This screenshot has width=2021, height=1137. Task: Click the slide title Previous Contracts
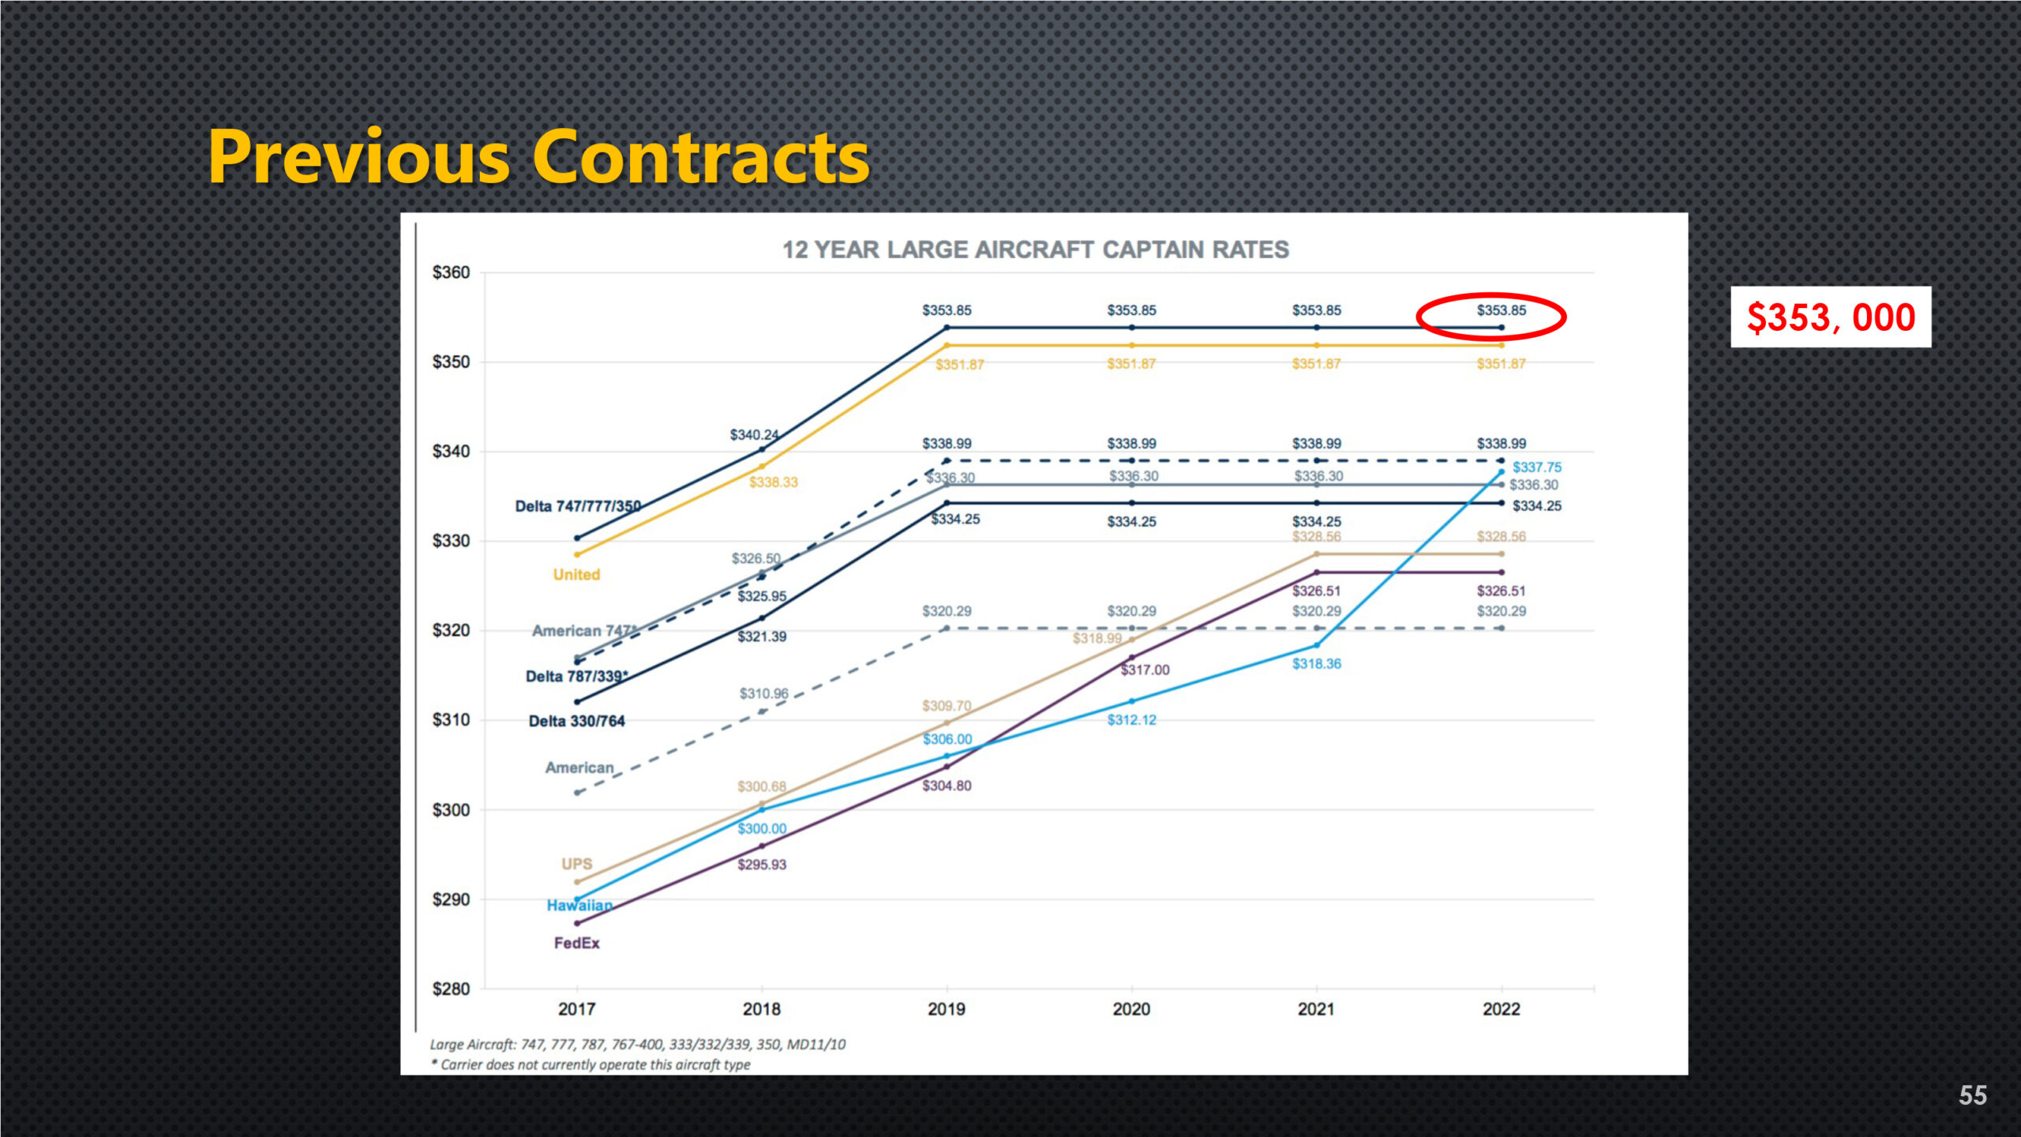[538, 158]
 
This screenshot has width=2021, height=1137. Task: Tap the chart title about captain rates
[1035, 250]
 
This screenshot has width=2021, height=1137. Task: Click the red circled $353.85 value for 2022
[1501, 311]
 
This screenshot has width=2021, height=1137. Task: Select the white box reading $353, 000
[1831, 317]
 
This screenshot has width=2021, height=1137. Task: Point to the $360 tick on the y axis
[451, 273]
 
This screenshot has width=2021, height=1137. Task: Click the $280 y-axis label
[451, 989]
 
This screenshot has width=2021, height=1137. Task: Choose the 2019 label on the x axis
[947, 1009]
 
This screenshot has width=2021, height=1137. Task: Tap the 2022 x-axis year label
[1501, 1009]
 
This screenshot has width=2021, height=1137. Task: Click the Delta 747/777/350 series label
[578, 507]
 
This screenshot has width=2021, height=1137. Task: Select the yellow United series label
[576, 575]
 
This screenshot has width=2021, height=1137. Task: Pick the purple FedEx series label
[576, 944]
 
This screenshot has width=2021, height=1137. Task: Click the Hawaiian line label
[579, 906]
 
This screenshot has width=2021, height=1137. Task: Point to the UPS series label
[576, 864]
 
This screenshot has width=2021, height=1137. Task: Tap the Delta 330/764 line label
[576, 722]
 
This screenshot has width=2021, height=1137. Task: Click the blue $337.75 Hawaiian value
[1536, 468]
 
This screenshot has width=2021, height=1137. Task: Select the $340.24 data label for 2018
[754, 435]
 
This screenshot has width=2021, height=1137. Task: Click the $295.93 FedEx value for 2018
[762, 865]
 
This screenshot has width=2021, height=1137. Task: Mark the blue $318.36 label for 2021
[1316, 664]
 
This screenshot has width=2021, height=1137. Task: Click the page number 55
[1972, 1095]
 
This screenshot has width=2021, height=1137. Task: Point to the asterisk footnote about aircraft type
[591, 1065]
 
